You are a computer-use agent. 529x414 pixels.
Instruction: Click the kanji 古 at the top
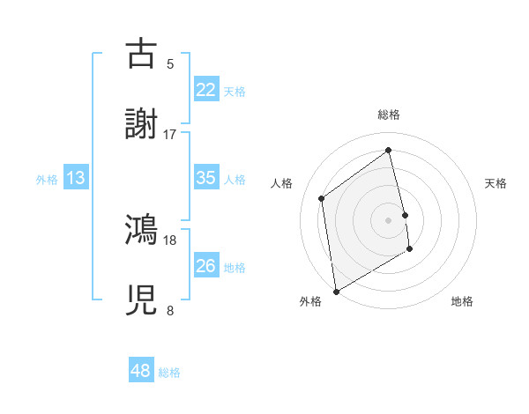point(142,54)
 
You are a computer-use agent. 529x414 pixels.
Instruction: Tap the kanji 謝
point(142,123)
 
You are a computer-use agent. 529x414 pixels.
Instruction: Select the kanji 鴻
point(142,230)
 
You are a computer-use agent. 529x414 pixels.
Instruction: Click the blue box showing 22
point(206,90)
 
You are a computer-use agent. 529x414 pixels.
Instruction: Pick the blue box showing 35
point(206,178)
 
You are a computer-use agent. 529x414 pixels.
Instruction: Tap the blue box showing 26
point(206,266)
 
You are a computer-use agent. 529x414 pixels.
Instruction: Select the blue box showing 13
point(76,178)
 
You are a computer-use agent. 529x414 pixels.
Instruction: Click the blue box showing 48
point(141,371)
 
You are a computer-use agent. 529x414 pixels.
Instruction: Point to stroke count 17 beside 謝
point(170,134)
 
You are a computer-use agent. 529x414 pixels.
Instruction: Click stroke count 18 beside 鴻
point(170,240)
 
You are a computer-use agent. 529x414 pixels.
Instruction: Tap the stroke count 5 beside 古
point(170,63)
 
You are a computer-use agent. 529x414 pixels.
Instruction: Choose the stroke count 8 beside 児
point(170,310)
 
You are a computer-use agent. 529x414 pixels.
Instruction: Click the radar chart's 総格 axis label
point(389,115)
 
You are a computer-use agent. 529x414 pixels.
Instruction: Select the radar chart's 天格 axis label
point(495,183)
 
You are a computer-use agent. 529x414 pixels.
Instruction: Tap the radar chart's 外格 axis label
point(310,302)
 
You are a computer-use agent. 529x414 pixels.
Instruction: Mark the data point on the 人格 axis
point(322,198)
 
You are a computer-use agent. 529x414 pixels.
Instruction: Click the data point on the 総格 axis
point(389,150)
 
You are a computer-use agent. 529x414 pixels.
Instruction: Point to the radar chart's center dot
point(389,219)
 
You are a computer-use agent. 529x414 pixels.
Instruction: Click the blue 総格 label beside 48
point(169,373)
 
